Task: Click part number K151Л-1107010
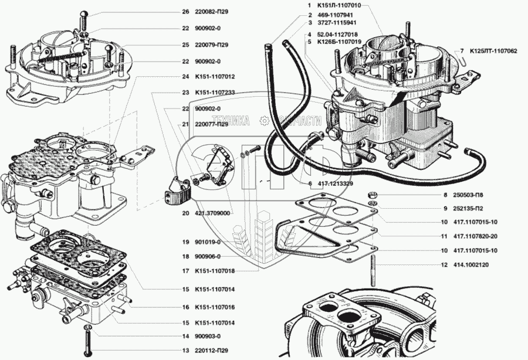331,5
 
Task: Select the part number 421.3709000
214,213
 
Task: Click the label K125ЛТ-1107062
493,51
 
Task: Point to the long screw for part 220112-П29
87,342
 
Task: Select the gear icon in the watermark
264,121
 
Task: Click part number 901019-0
209,242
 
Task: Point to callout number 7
462,51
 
